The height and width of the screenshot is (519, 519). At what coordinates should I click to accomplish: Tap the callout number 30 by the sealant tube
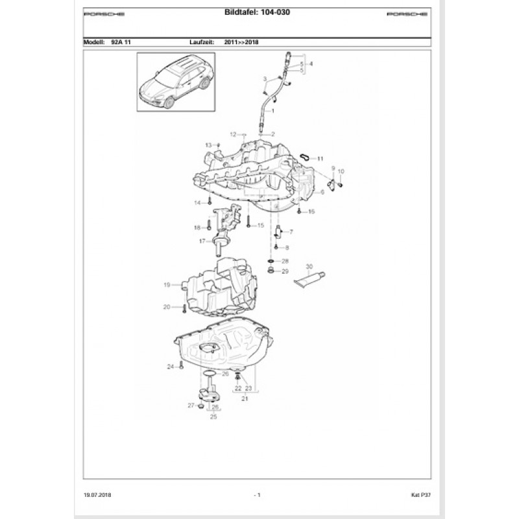309,267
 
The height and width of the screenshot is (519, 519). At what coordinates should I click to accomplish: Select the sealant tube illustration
309,279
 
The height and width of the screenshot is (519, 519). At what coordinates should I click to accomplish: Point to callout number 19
167,285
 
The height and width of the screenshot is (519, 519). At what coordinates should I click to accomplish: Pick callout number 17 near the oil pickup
202,241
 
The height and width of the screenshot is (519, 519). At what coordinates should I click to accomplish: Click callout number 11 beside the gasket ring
320,158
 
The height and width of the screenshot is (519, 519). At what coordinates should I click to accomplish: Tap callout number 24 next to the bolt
171,367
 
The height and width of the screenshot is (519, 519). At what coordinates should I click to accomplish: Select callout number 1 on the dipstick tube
273,112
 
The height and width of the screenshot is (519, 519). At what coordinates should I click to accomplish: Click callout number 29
285,271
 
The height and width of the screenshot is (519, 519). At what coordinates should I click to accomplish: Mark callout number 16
311,212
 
